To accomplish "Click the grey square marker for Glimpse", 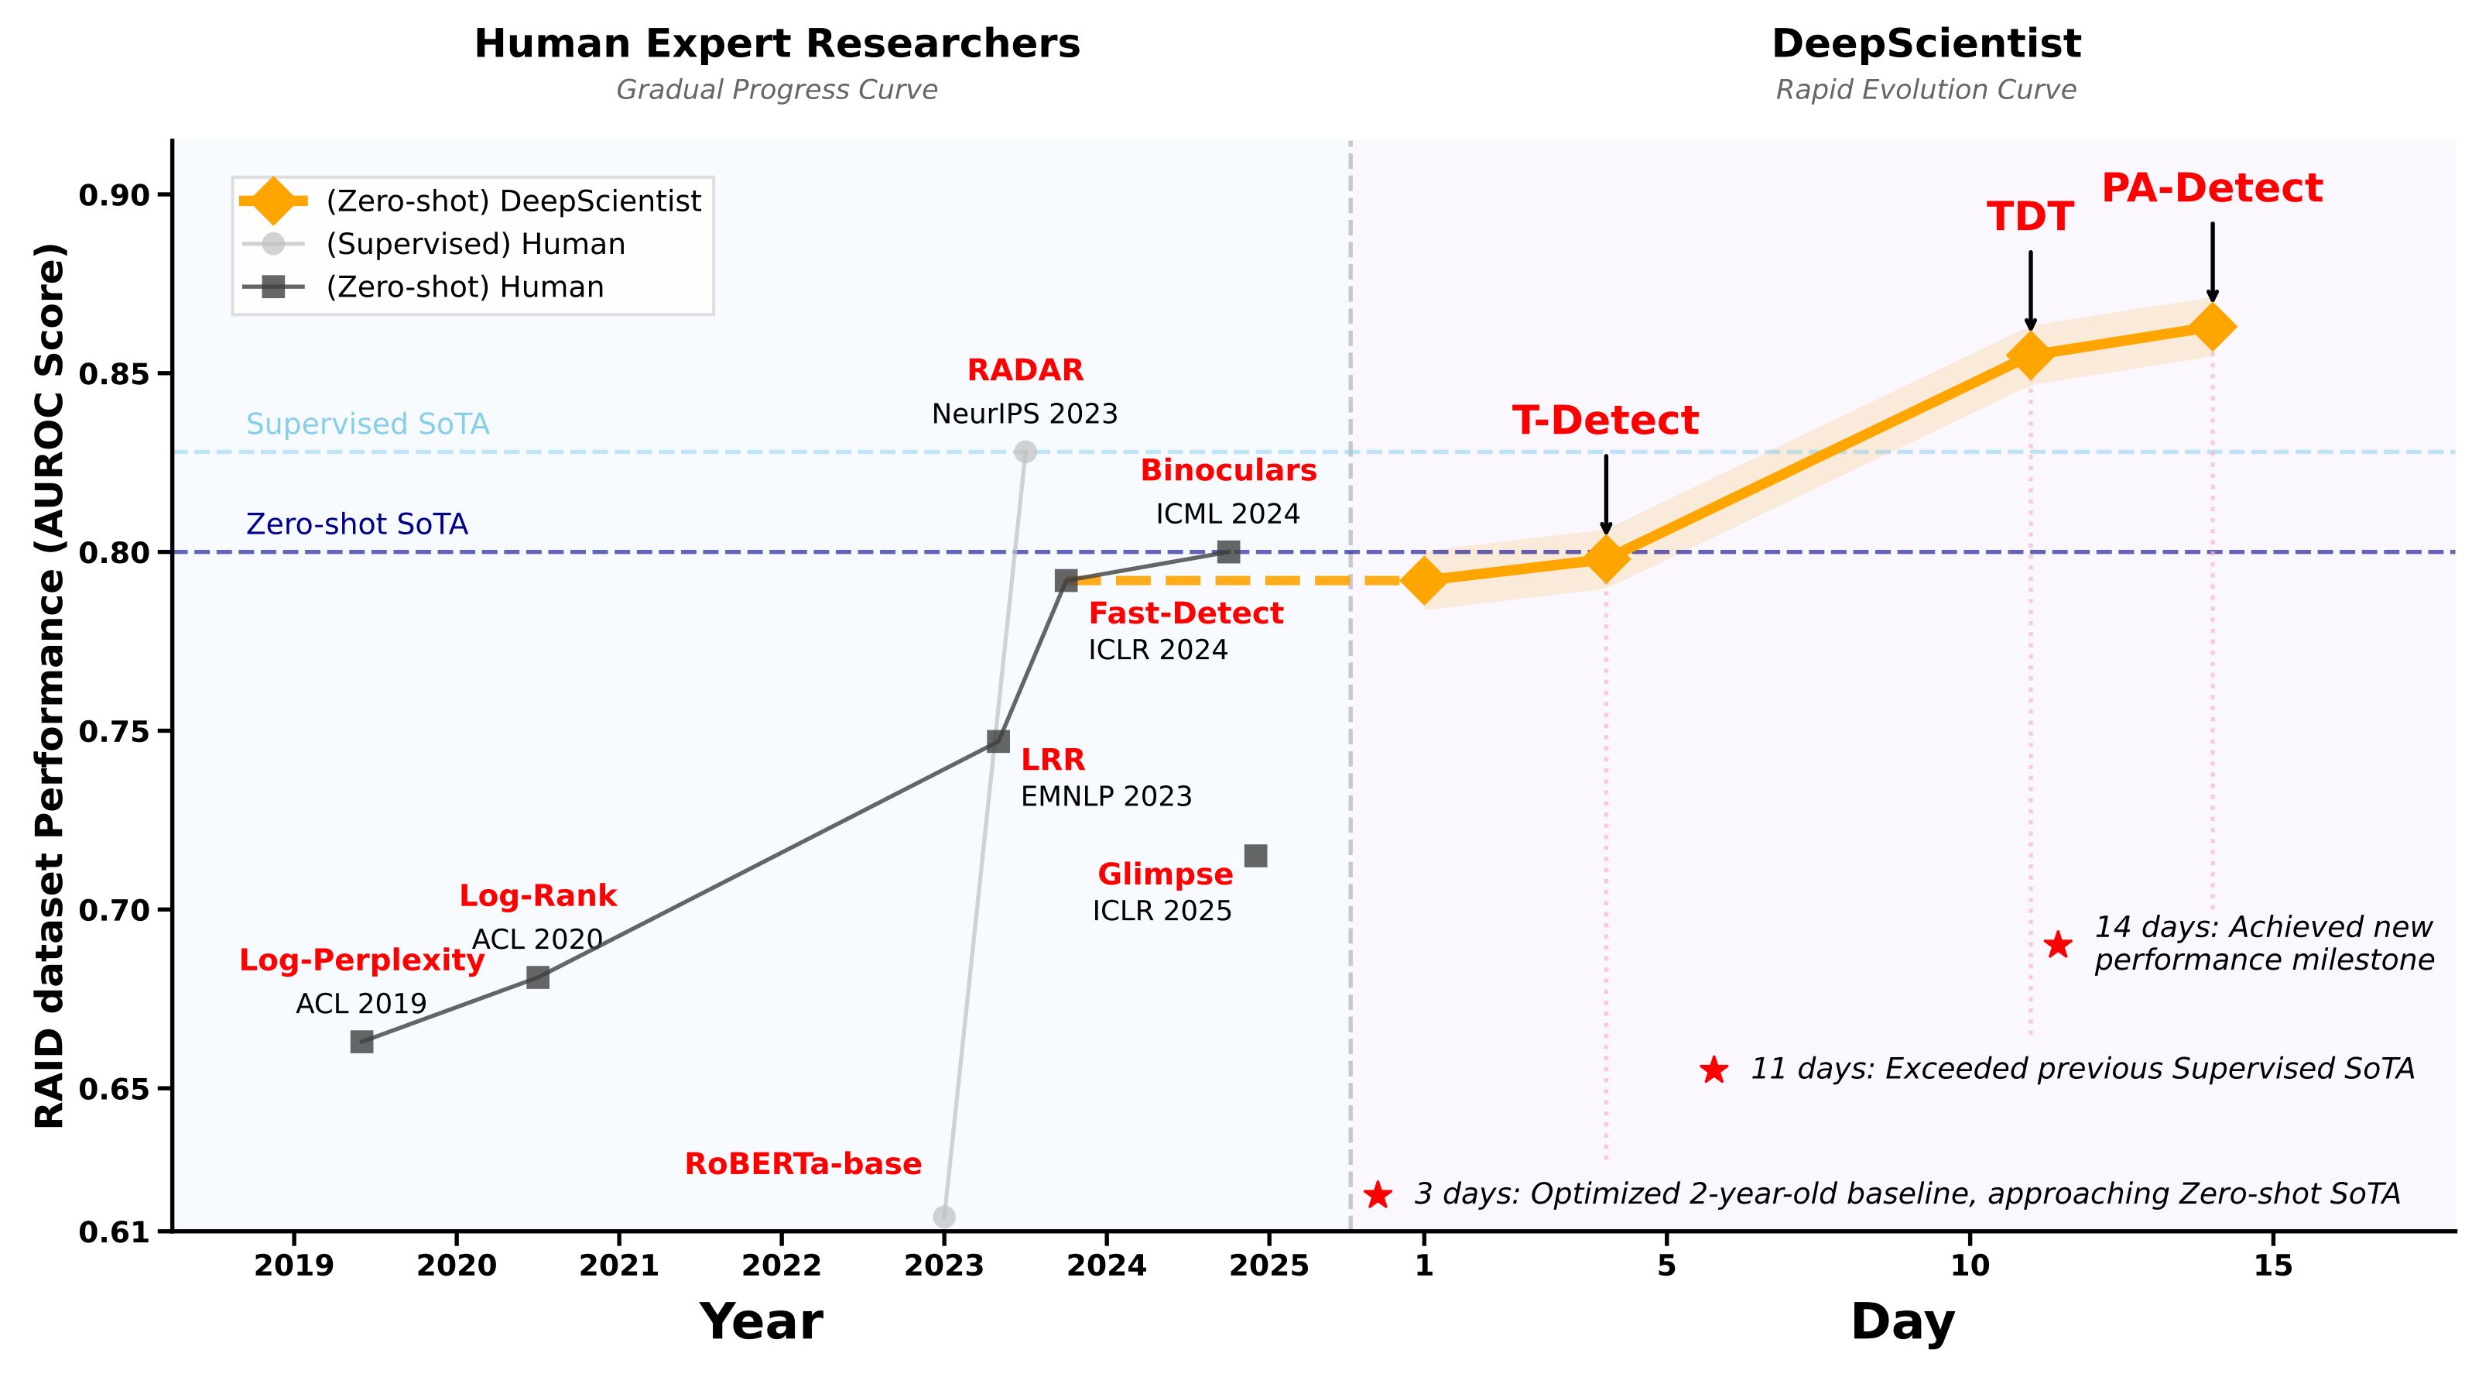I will [x=1255, y=856].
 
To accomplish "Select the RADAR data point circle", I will [x=1025, y=452].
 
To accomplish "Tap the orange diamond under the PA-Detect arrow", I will [x=2213, y=327].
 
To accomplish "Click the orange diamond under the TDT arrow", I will [x=2030, y=355].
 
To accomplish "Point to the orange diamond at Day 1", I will [x=1423, y=580].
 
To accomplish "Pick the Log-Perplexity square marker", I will [x=361, y=1041].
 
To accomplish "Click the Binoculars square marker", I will [x=1228, y=552].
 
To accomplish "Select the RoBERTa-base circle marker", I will [x=944, y=1216].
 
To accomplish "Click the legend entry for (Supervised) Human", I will [x=474, y=244].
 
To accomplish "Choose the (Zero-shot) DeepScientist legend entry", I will [x=512, y=201].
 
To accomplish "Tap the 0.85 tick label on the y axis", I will [x=113, y=374].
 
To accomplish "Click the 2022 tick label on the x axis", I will [x=781, y=1266].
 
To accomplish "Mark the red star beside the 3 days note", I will [x=1378, y=1196].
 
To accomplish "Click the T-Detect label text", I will [x=1605, y=421].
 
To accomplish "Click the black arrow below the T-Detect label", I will [x=1606, y=493].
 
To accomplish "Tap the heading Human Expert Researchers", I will [x=777, y=44].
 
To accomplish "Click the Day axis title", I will [x=1902, y=1322].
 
